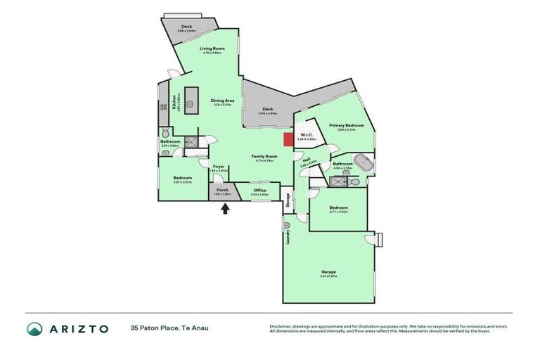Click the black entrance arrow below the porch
[226, 208]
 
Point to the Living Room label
[212, 49]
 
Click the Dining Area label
[222, 101]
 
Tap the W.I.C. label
[307, 135]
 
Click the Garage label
[328, 271]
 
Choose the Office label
[259, 190]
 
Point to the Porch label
[222, 190]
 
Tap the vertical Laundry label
[288, 238]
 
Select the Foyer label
[219, 166]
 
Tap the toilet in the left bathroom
[165, 132]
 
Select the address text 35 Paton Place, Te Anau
[169, 328]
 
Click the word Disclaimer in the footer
[281, 326]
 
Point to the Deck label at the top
[187, 27]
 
